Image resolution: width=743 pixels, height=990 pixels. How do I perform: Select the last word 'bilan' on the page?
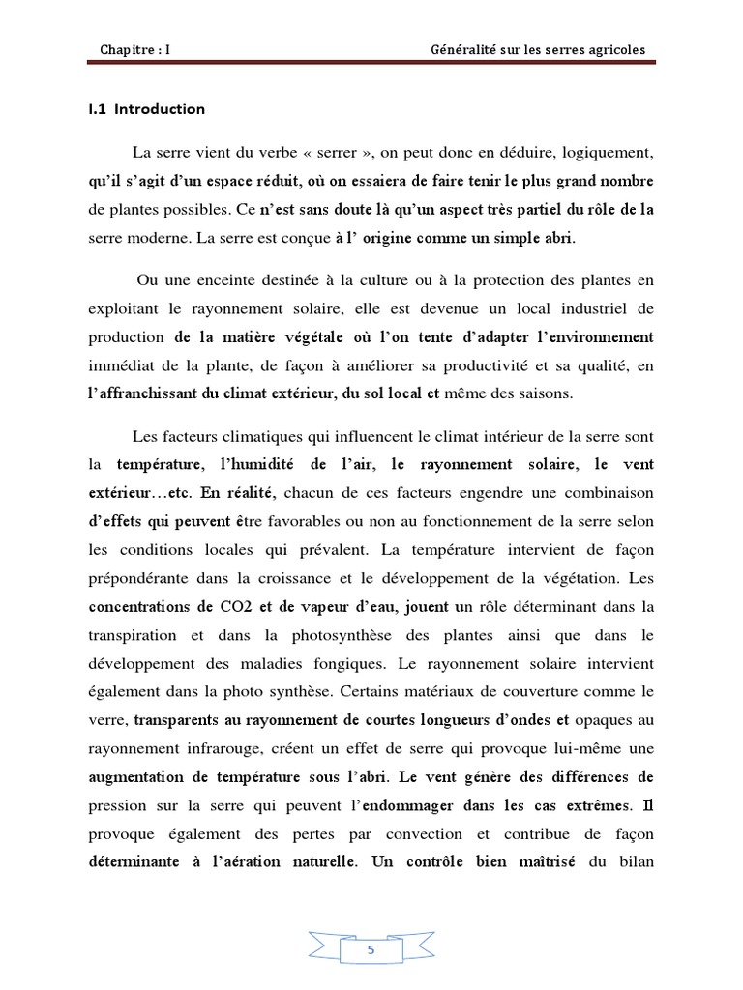[x=634, y=859]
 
